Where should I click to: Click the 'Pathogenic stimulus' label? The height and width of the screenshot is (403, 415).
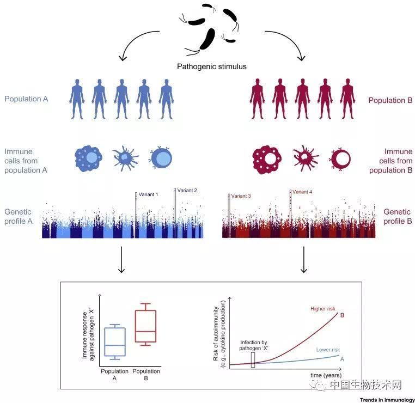point(212,67)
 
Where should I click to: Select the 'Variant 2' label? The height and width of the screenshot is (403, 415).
point(187,190)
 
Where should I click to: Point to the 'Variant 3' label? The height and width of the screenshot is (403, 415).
point(241,196)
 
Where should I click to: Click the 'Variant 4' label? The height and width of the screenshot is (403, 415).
point(302,192)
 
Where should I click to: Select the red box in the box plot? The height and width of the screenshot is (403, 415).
point(145,324)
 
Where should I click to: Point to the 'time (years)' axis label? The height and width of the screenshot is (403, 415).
point(326,375)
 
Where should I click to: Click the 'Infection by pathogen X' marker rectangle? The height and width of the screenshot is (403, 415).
point(253,359)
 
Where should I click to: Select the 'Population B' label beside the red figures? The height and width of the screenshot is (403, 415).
point(389,100)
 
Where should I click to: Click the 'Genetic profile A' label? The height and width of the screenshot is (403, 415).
point(19,217)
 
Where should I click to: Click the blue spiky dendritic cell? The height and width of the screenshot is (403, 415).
point(126,158)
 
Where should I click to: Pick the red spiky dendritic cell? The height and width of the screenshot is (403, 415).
point(304,158)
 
